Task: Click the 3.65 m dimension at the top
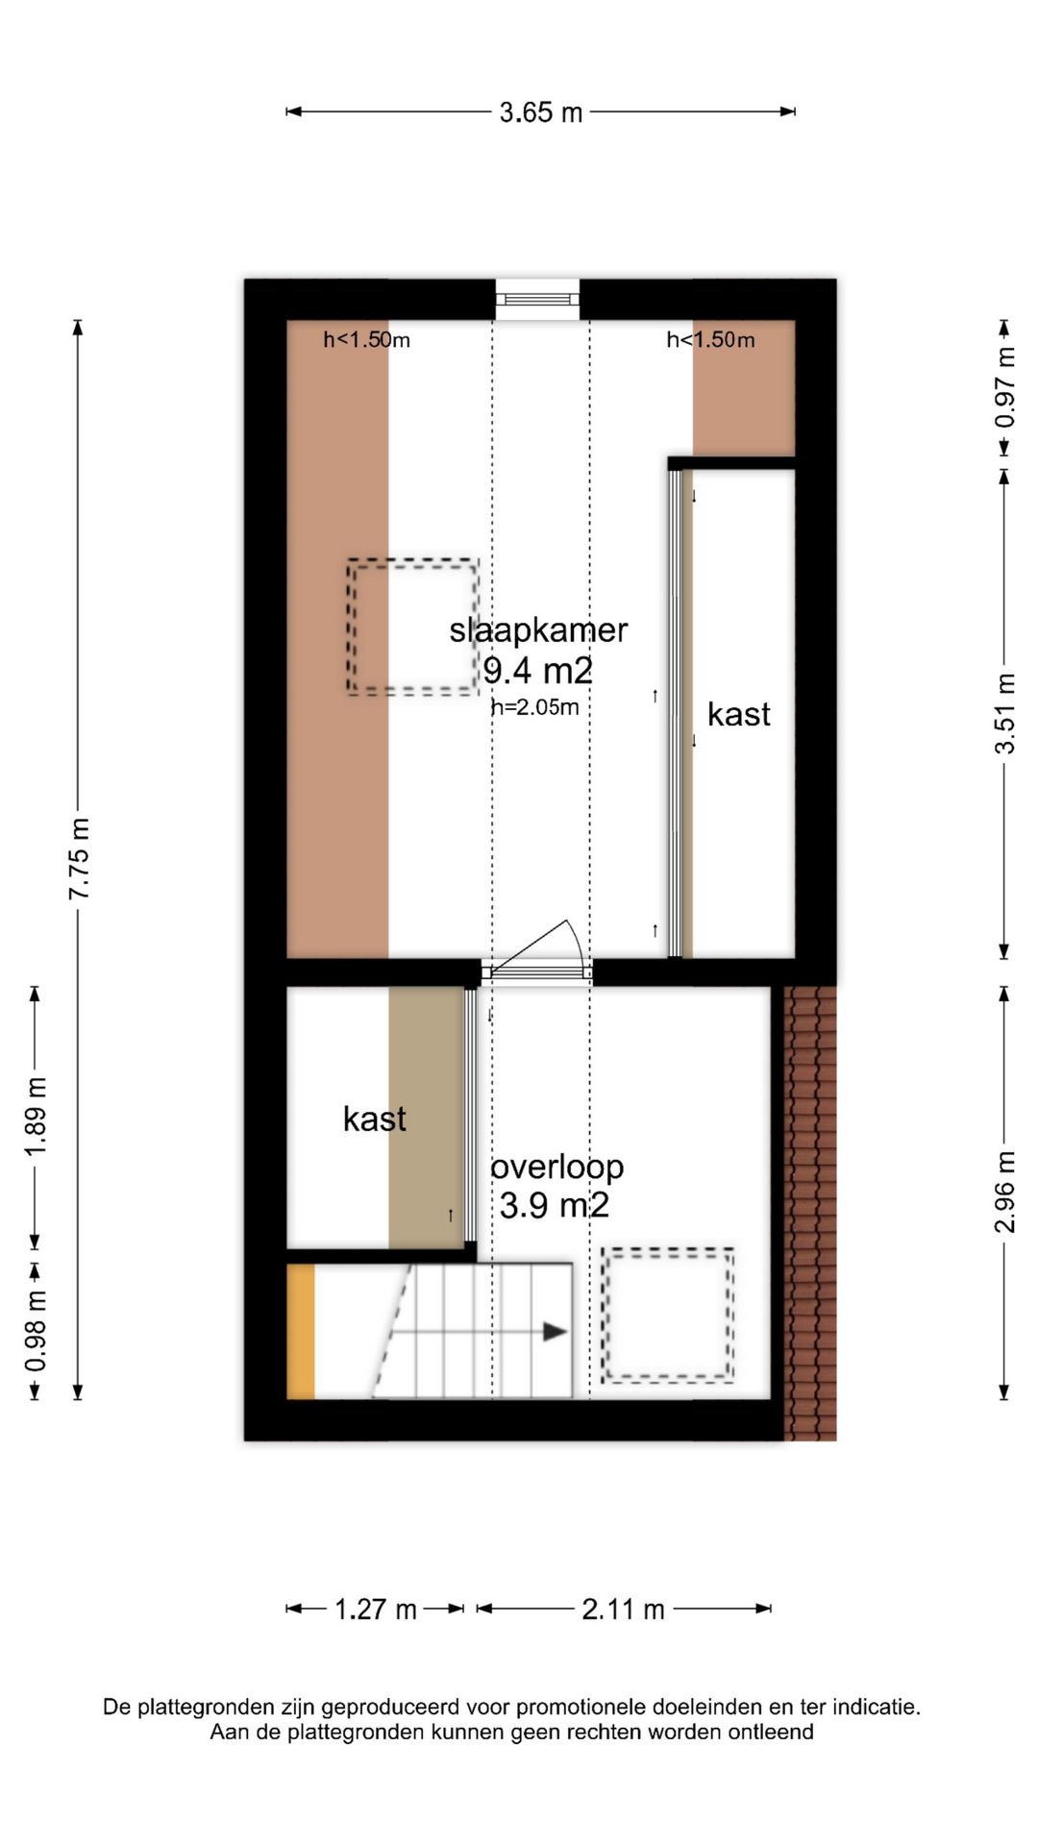(541, 112)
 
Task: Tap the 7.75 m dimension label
(79, 859)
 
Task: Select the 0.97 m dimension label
(1004, 387)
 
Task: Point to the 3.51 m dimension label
(1004, 714)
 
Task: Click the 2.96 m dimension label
(1004, 1192)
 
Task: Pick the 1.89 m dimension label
(36, 1118)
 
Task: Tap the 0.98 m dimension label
(36, 1332)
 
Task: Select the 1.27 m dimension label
(376, 1609)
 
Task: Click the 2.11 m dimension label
(623, 1609)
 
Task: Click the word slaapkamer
(538, 630)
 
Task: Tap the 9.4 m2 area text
(538, 670)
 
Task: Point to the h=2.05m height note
(535, 707)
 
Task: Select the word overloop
(557, 1167)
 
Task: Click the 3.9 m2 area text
(555, 1205)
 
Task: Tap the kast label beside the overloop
(375, 1119)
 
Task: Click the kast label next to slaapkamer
(739, 714)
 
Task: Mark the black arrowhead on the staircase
(555, 1332)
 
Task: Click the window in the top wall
(537, 300)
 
